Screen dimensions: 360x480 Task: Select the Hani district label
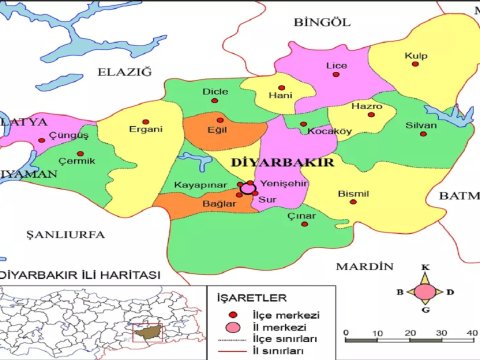coord(280,96)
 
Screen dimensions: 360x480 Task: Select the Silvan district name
coord(421,126)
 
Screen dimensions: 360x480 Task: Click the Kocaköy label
coord(330,131)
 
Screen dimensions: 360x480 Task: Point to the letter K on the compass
coord(425,267)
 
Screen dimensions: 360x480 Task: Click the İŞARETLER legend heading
coord(253,297)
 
